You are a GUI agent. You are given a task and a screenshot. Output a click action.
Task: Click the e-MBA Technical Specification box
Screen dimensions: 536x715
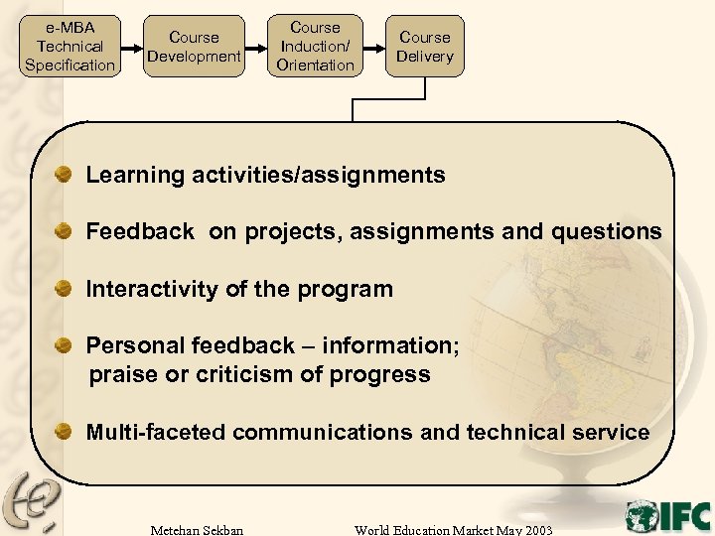(70, 46)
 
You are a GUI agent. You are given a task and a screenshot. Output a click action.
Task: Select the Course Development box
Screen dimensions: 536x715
(194, 47)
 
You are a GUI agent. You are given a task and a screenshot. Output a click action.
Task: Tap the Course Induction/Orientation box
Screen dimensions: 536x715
(315, 47)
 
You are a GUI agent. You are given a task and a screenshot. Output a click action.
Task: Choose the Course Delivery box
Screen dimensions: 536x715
(424, 47)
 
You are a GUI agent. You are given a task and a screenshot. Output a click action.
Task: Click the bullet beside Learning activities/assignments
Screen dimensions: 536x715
(64, 175)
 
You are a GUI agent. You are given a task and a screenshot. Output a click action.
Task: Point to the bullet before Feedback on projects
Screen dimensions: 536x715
(64, 231)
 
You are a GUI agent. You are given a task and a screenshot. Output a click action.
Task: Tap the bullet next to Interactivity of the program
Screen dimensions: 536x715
(64, 289)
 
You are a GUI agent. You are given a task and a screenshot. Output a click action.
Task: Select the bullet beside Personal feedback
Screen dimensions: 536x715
(64, 345)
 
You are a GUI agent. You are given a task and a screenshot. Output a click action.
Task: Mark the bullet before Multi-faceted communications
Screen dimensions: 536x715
(64, 432)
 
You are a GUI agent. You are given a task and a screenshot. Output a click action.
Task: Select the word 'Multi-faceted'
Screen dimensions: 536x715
(157, 433)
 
